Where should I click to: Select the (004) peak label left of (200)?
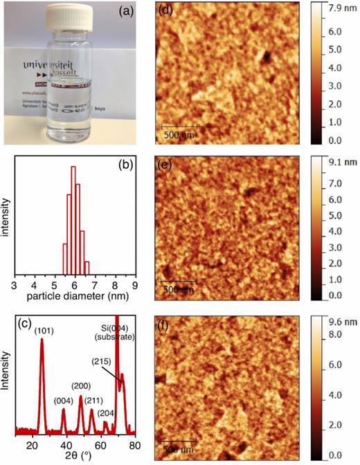point(61,401)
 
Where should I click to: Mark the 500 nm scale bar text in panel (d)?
point(179,134)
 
